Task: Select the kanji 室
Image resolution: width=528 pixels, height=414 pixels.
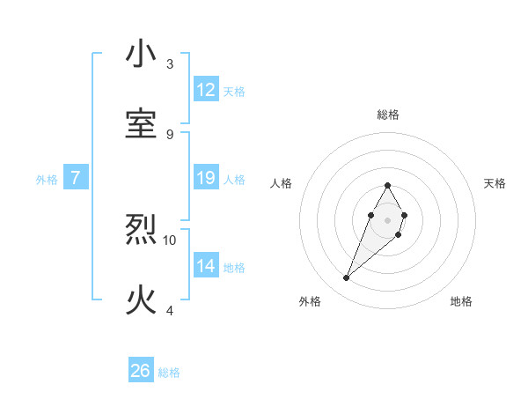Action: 142,124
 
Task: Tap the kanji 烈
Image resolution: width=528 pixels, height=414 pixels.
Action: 142,231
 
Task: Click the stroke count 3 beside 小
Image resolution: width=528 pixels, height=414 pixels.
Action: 170,64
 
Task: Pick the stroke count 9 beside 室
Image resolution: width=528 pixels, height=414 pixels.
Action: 170,134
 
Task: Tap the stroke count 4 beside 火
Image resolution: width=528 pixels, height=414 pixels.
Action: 170,310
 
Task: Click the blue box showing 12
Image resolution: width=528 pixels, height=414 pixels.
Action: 206,90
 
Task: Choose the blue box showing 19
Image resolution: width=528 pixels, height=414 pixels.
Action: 206,178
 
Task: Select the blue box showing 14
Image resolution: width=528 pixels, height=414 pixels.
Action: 206,266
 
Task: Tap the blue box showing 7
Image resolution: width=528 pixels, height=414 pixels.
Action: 76,178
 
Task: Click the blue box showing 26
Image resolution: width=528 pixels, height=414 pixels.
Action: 141,371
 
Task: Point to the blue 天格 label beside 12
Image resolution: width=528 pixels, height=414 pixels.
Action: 234,92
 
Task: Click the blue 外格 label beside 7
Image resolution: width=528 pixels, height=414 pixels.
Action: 47,180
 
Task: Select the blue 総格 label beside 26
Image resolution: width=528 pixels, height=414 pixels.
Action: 169,373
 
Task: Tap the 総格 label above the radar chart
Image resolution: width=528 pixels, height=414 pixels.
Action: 387,115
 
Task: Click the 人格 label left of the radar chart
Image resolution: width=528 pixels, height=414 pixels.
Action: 282,183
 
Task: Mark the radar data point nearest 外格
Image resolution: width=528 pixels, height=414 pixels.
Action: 347,278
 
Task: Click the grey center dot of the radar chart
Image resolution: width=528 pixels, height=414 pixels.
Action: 387,218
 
